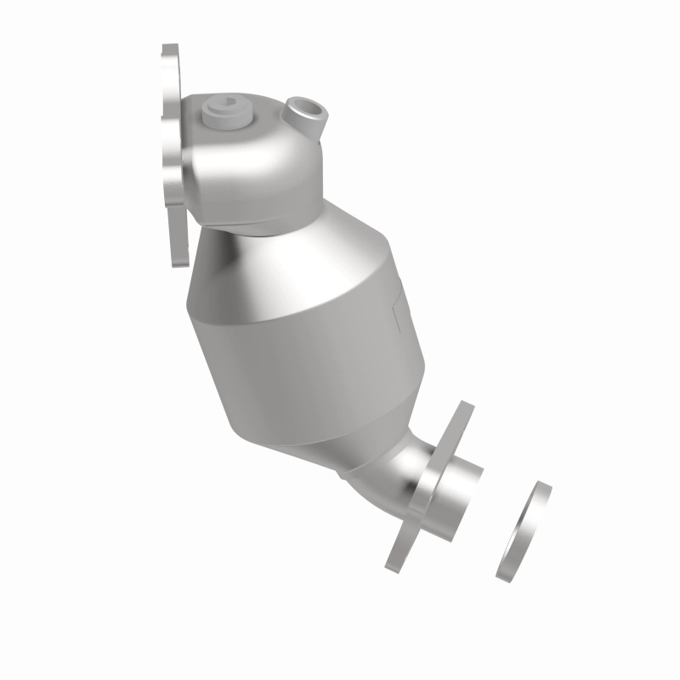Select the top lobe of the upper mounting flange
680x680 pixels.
click(170, 64)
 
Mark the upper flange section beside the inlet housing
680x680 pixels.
click(173, 153)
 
